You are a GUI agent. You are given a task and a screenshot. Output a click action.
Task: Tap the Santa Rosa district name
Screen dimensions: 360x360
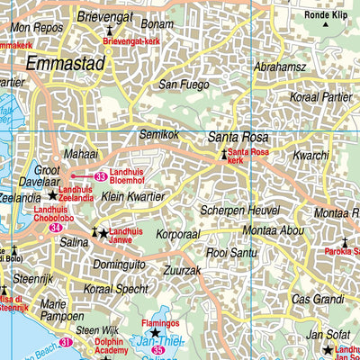pos(238,137)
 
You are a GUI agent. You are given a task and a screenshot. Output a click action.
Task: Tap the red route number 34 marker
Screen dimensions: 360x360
pos(57,229)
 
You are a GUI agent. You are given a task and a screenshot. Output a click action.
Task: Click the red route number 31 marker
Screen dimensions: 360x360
pos(66,343)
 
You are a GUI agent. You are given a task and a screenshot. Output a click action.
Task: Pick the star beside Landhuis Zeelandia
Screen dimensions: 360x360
pos(52,193)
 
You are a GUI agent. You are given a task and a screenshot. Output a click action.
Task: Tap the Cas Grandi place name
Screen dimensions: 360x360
pos(319,299)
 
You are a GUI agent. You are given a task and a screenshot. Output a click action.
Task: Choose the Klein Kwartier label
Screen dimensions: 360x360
pos(132,195)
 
